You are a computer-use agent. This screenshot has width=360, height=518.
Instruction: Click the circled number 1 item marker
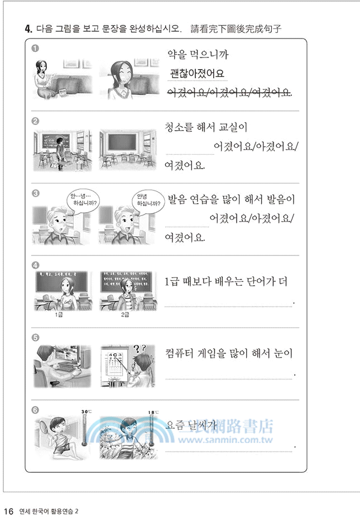[x=35, y=49]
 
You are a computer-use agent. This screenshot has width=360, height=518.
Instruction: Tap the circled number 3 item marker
[x=35, y=194]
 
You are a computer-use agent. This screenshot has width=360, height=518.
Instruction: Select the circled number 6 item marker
[x=35, y=410]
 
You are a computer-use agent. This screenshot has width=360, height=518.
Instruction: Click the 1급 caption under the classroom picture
[x=60, y=315]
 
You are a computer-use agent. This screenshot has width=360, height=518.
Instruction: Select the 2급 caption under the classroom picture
[x=125, y=315]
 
